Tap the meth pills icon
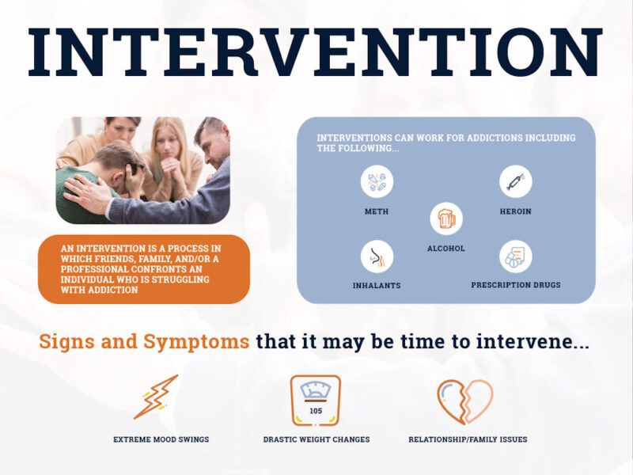pyautogui.click(x=377, y=181)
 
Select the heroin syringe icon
pyautogui.click(x=515, y=181)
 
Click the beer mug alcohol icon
pyautogui.click(x=446, y=218)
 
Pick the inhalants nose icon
pyautogui.click(x=377, y=256)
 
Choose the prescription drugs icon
pyautogui.click(x=515, y=256)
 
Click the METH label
pyautogui.click(x=377, y=211)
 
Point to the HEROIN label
pyautogui.click(x=515, y=211)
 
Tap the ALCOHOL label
pyautogui.click(x=446, y=249)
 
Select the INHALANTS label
pyautogui.click(x=377, y=285)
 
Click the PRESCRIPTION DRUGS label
pyautogui.click(x=515, y=285)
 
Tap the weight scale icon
pyautogui.click(x=316, y=401)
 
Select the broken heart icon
pyautogui.click(x=465, y=401)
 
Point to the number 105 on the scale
pyautogui.click(x=316, y=411)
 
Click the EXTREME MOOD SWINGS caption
pyautogui.click(x=161, y=439)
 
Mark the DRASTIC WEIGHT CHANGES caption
pyautogui.click(x=316, y=439)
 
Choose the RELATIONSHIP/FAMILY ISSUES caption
pyautogui.click(x=468, y=439)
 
